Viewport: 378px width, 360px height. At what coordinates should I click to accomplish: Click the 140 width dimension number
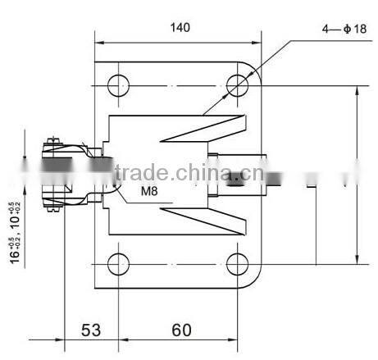click(180, 27)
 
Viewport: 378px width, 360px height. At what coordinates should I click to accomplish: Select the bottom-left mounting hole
click(118, 264)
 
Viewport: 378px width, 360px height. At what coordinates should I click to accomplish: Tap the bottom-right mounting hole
click(239, 264)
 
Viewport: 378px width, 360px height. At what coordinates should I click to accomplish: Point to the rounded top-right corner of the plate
click(255, 69)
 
